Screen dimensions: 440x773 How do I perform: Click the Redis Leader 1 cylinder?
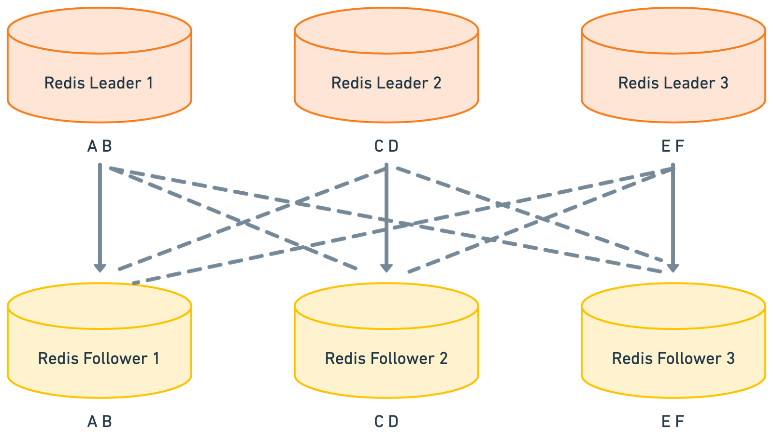99,68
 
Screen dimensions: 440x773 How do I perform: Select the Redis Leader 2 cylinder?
386,68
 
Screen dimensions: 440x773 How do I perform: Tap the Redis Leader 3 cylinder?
673,68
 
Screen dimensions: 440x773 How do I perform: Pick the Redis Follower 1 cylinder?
99,343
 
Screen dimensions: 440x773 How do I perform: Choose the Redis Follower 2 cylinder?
386,343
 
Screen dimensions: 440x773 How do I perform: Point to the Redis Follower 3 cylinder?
673,343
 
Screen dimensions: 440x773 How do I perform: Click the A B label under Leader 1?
100,146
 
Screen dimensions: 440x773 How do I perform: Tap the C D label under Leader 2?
386,146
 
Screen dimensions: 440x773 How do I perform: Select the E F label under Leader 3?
673,146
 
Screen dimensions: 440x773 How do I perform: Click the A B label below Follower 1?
100,422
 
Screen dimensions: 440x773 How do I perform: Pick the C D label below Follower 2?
386,422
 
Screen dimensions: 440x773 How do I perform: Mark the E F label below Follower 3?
673,422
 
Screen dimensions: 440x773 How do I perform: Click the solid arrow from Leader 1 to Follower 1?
100,217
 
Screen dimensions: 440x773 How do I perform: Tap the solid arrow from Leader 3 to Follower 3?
673,217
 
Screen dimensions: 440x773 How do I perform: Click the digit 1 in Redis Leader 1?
150,83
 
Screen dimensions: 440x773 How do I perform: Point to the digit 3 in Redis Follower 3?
730,358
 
